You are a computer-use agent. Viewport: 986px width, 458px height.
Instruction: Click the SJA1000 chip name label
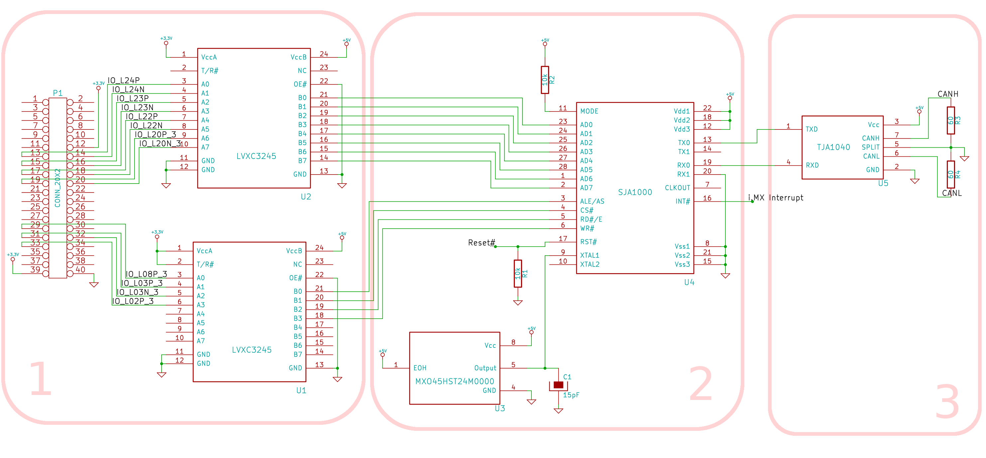point(635,192)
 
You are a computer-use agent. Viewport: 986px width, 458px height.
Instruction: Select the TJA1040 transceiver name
point(833,147)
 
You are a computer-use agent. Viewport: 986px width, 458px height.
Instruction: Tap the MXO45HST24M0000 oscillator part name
point(455,381)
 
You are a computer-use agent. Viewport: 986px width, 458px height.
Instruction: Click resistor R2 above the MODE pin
point(545,80)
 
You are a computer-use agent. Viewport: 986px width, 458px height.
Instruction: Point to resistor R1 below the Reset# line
point(518,273)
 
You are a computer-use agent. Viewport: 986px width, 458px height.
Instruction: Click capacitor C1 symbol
point(558,385)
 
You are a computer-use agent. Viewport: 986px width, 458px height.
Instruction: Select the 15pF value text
point(571,395)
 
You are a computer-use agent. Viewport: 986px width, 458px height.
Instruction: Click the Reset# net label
point(482,242)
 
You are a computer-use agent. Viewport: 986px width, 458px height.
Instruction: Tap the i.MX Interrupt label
point(776,198)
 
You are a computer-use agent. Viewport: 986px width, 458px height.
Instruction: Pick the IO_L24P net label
point(124,80)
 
